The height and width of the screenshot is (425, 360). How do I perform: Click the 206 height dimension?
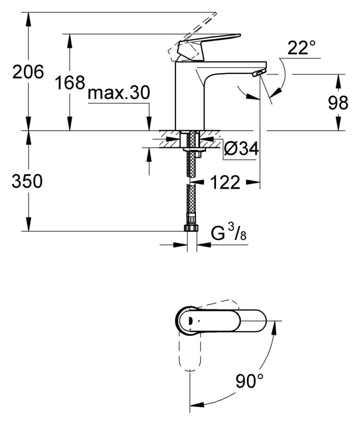click(x=28, y=72)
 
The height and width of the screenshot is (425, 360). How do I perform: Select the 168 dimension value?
click(x=69, y=83)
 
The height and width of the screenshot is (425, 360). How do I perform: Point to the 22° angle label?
click(x=301, y=48)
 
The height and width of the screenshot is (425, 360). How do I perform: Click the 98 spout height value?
click(x=338, y=103)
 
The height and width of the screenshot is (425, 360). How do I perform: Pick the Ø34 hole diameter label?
click(x=241, y=150)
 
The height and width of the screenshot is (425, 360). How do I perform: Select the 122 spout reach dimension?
click(x=224, y=182)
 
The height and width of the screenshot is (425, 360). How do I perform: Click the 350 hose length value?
click(x=27, y=181)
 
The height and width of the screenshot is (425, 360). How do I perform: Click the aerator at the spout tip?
click(x=259, y=72)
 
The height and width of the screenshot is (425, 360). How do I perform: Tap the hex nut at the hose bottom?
click(x=190, y=228)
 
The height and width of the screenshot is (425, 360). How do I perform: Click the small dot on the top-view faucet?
click(x=199, y=321)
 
